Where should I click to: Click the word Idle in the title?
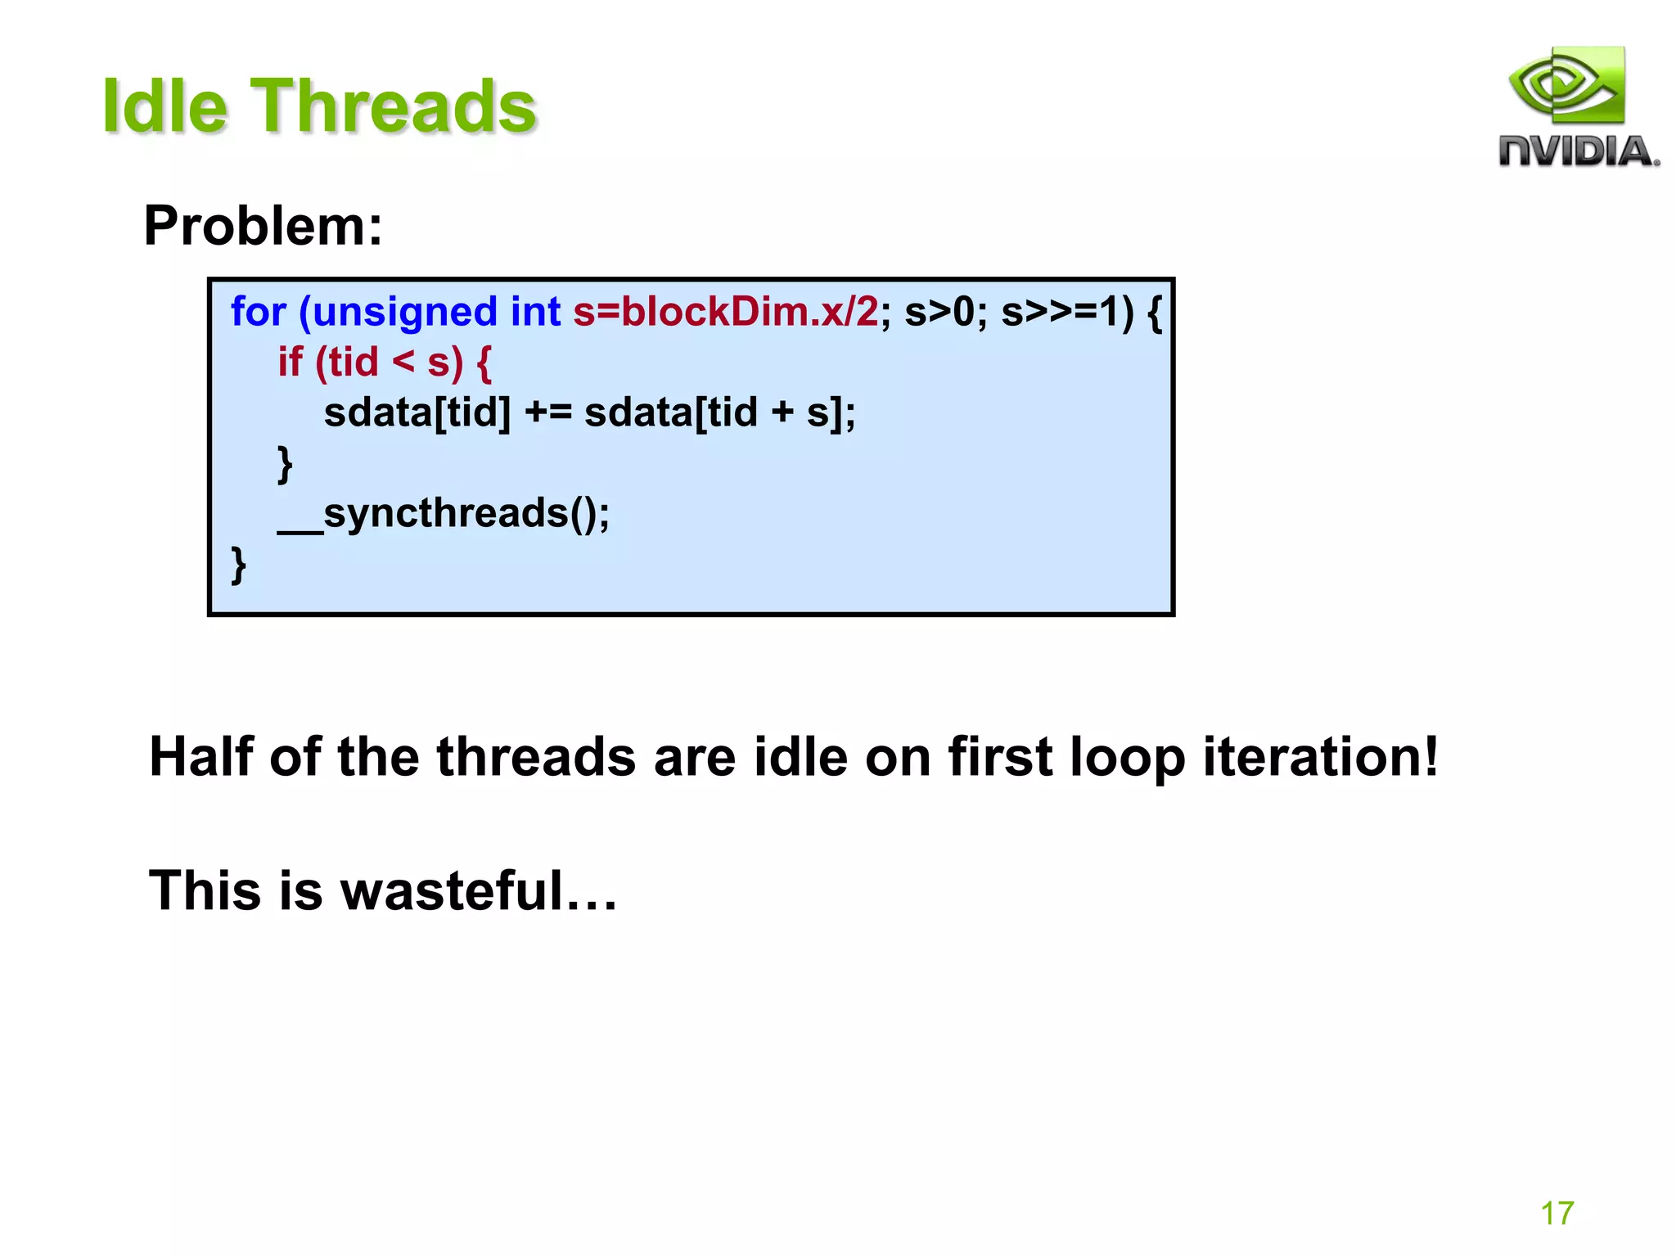click(x=164, y=106)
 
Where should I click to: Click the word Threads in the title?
click(x=393, y=106)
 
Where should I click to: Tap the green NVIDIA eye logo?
click(x=1566, y=86)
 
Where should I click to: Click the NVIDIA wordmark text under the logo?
click(x=1578, y=152)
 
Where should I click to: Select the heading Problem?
click(x=263, y=226)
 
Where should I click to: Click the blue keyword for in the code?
click(x=258, y=313)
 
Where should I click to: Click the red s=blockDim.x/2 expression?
click(x=725, y=313)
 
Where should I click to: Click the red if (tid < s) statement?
click(x=384, y=363)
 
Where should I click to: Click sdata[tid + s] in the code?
click(x=718, y=412)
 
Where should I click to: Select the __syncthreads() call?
click(x=443, y=514)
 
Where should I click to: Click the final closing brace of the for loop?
click(x=238, y=565)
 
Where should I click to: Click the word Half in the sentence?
click(x=201, y=757)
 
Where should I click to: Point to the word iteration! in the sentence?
click(x=1319, y=757)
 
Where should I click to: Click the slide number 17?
click(x=1557, y=1213)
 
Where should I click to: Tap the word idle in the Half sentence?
click(x=800, y=757)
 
